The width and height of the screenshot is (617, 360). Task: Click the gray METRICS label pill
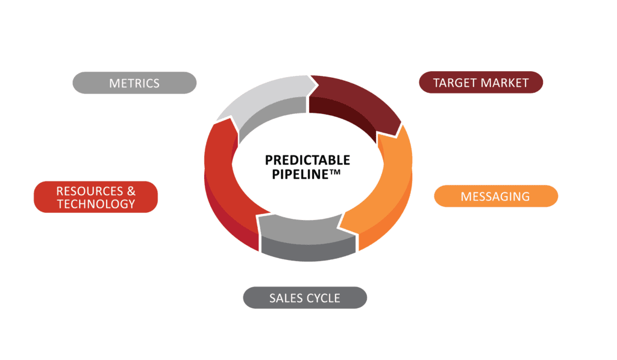point(134,83)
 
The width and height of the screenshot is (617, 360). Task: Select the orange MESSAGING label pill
point(495,196)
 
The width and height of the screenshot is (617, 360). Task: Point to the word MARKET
point(506,83)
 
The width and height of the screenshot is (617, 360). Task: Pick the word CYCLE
point(324,298)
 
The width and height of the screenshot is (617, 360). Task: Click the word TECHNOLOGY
point(96,204)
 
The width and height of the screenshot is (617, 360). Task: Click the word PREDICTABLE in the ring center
point(307,160)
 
